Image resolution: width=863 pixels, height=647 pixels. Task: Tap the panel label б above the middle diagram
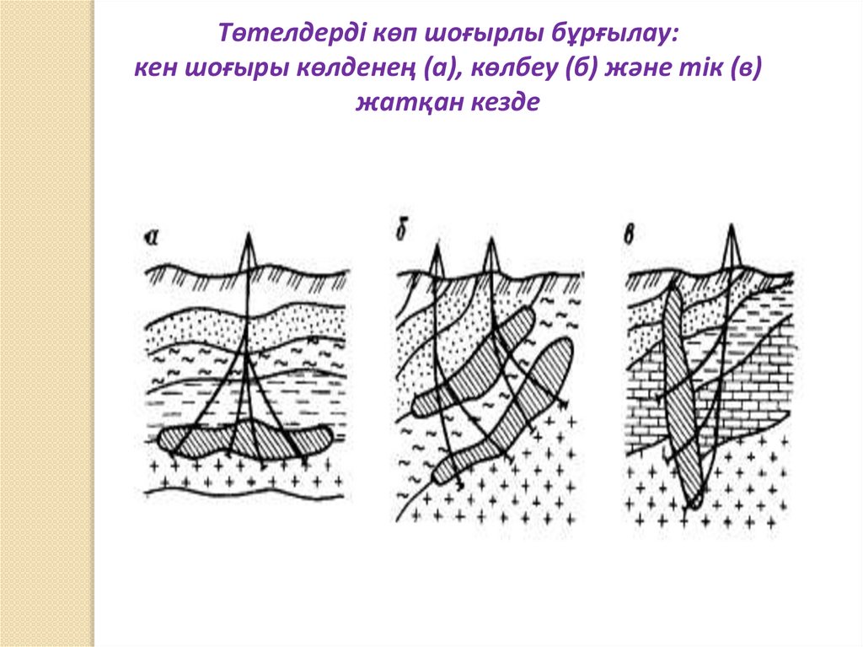point(400,228)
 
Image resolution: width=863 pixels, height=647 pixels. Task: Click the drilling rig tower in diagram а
point(249,252)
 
